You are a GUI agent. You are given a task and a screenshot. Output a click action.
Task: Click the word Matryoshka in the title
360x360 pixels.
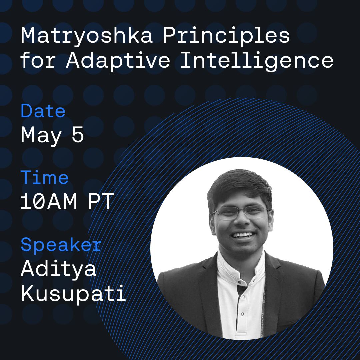click(x=87, y=36)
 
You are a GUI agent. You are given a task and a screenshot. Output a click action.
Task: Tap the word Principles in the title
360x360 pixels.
click(x=226, y=36)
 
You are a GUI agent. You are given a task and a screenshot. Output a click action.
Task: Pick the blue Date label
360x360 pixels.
click(x=43, y=111)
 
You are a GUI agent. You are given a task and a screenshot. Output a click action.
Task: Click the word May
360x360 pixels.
click(x=41, y=136)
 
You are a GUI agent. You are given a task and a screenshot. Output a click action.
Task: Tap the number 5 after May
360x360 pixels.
click(x=78, y=135)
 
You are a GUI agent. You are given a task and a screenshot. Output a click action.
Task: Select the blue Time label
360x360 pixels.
click(x=45, y=177)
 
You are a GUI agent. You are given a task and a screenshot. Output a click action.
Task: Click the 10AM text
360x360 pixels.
click(x=48, y=201)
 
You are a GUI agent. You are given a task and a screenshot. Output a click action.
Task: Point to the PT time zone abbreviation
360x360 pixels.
click(x=101, y=201)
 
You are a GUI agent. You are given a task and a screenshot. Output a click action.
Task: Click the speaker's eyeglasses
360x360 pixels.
click(x=241, y=212)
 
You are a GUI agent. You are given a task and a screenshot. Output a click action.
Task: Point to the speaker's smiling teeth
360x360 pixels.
click(x=243, y=235)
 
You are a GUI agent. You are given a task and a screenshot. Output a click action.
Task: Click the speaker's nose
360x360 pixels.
click(x=241, y=220)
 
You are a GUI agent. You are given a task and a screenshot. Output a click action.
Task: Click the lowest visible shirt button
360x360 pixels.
click(x=242, y=314)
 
